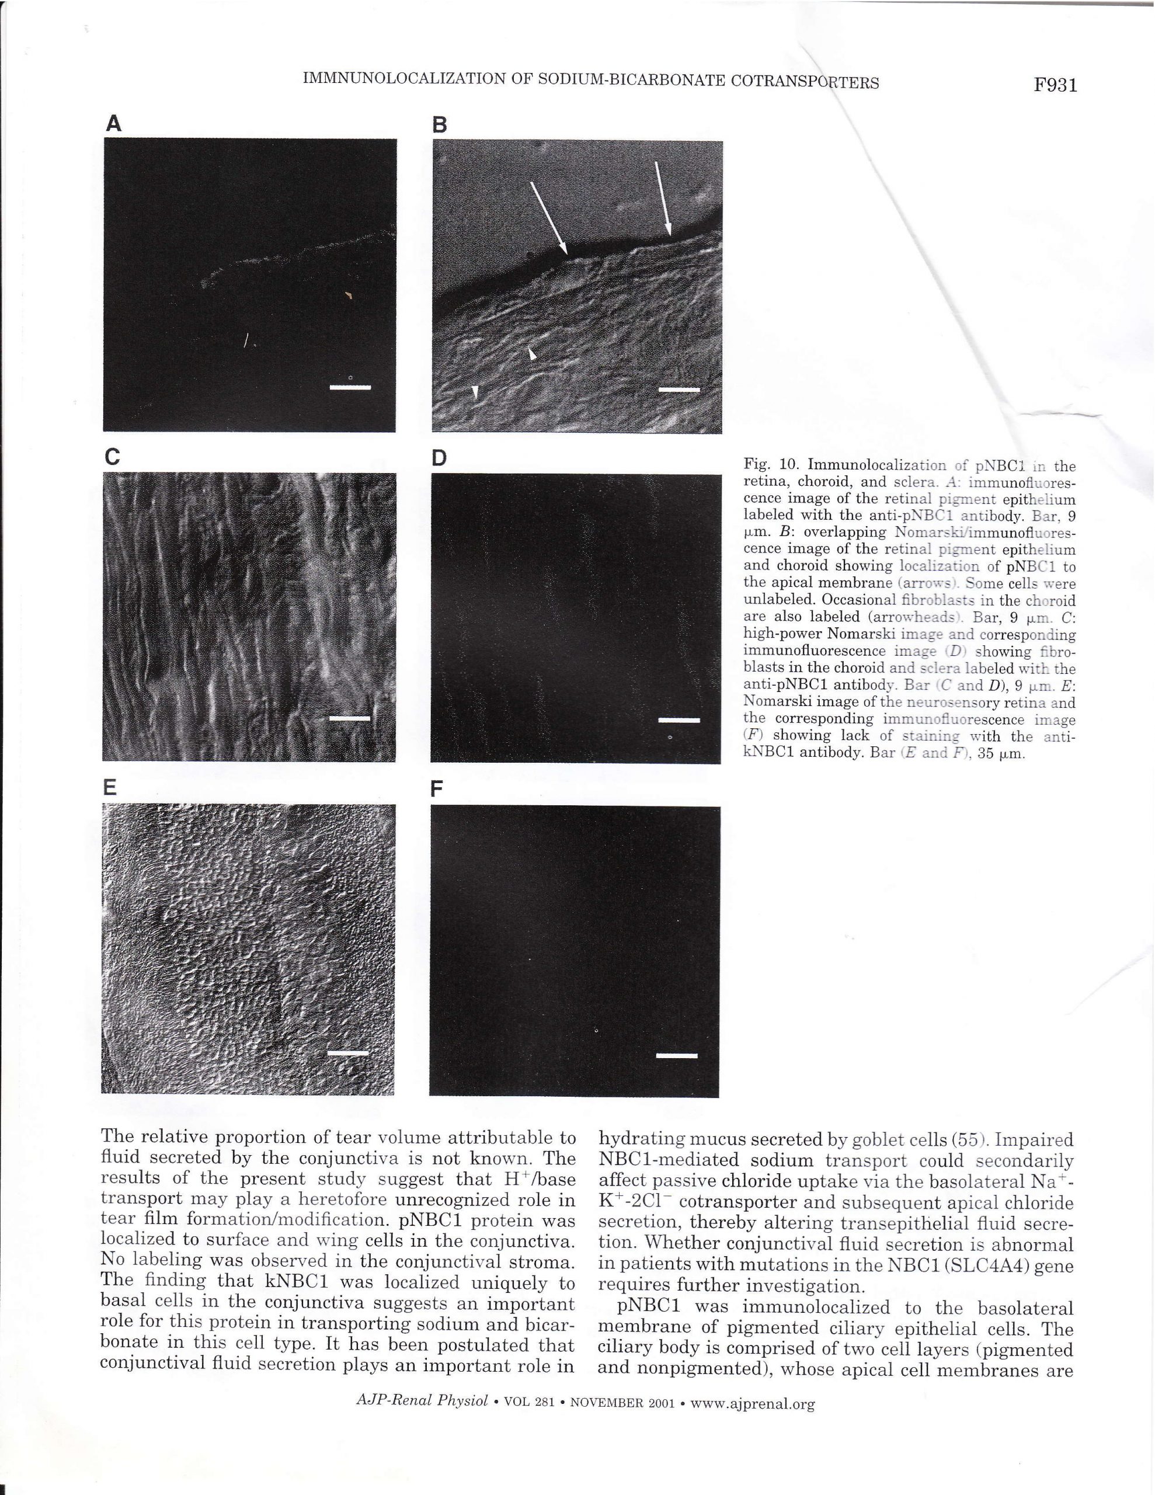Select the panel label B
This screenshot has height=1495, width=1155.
click(x=440, y=124)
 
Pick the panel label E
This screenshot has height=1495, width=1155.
click(x=110, y=788)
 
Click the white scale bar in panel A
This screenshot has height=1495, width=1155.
click(x=350, y=387)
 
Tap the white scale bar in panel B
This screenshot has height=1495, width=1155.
click(x=679, y=390)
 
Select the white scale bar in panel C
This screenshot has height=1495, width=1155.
click(x=349, y=718)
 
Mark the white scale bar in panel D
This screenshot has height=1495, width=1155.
click(x=679, y=719)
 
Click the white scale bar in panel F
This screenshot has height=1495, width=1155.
click(x=676, y=1055)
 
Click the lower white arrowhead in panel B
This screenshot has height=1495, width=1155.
click(x=475, y=390)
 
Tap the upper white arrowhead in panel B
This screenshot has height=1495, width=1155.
click(x=532, y=353)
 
